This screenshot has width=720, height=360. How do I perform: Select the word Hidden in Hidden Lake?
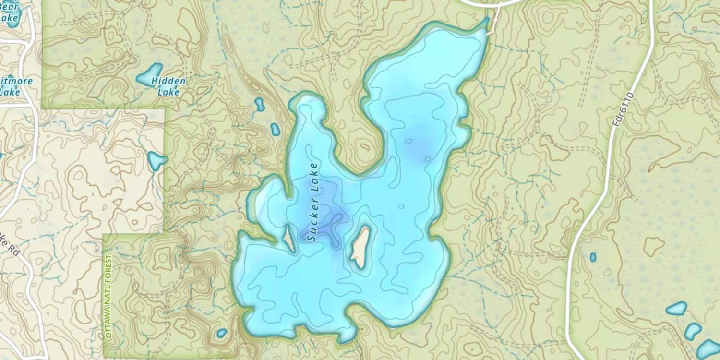tap(168, 81)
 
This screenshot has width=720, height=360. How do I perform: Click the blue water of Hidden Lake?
tap(149, 76)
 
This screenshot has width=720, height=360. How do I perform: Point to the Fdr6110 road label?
tap(624, 110)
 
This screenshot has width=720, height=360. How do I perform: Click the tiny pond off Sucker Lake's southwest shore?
tap(222, 333)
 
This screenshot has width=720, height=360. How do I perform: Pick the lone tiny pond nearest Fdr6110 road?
tap(593, 257)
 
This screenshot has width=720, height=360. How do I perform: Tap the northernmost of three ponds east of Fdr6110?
tap(677, 308)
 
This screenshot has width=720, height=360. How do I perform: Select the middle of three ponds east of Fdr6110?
tap(693, 331)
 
